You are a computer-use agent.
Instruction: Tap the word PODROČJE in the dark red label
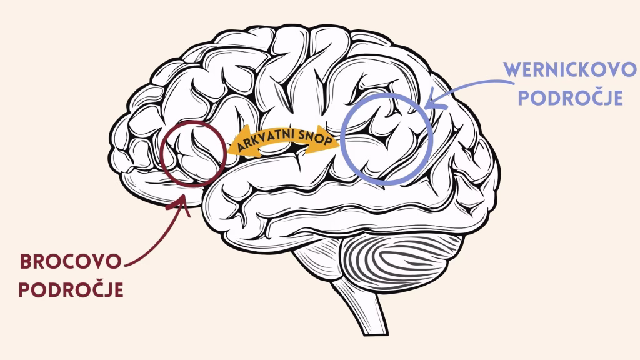pyautogui.click(x=71, y=291)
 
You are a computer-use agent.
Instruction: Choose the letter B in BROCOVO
pyautogui.click(x=26, y=262)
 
